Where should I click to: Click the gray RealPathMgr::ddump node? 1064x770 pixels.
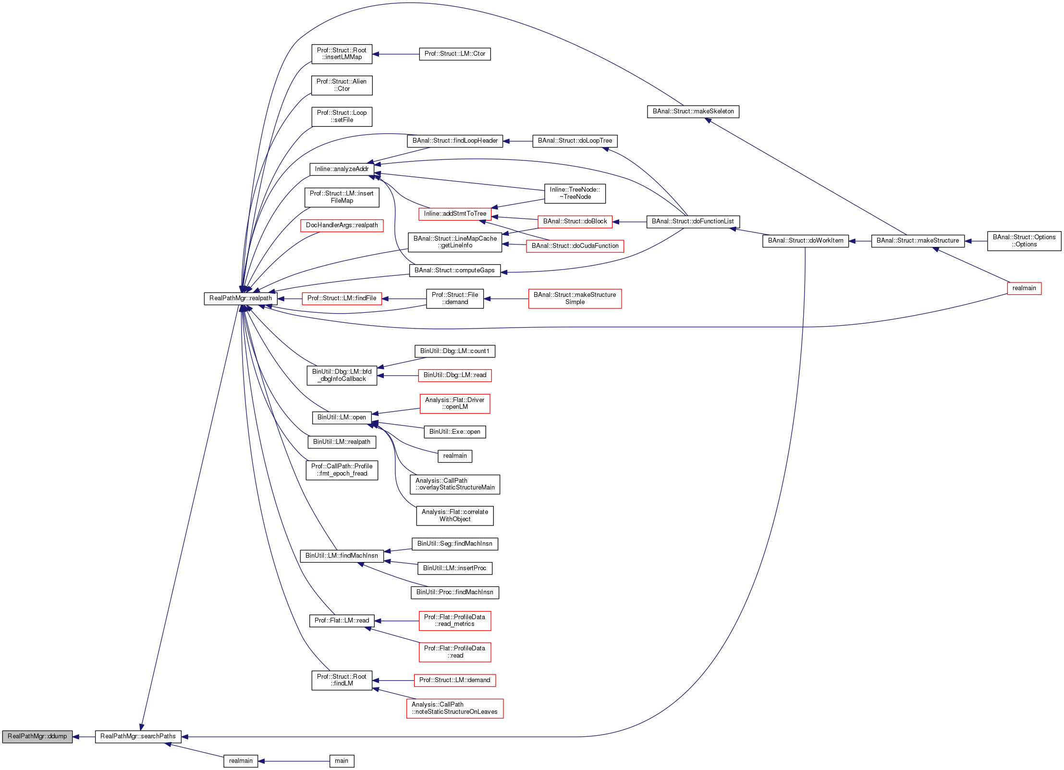[x=37, y=736]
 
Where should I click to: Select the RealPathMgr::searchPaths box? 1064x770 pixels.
[x=138, y=736]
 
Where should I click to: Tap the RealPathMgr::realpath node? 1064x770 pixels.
[x=240, y=298]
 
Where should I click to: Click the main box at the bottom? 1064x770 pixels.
[x=342, y=761]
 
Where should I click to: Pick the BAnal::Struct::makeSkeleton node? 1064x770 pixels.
[x=693, y=111]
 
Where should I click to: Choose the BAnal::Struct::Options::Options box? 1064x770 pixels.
[x=1024, y=241]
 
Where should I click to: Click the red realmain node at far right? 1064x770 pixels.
[x=1024, y=288]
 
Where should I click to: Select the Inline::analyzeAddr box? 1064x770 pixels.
[x=342, y=169]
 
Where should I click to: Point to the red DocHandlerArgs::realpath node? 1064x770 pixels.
[x=342, y=225]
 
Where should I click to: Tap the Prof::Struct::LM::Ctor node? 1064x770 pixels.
[x=454, y=54]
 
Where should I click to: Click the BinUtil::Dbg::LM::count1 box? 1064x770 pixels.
[x=454, y=351]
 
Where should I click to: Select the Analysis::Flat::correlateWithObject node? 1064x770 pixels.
[x=454, y=515]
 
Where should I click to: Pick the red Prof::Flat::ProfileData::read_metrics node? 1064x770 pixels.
[x=454, y=621]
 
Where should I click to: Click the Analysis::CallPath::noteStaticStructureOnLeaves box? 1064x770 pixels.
[x=454, y=709]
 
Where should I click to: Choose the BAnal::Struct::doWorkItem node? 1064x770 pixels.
[x=805, y=241]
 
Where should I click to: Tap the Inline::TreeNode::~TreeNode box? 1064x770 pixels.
[x=575, y=194]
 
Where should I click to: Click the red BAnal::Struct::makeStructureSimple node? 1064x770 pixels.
[x=575, y=298]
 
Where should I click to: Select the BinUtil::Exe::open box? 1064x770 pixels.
[x=454, y=432]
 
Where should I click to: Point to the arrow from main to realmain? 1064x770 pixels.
[x=294, y=761]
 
